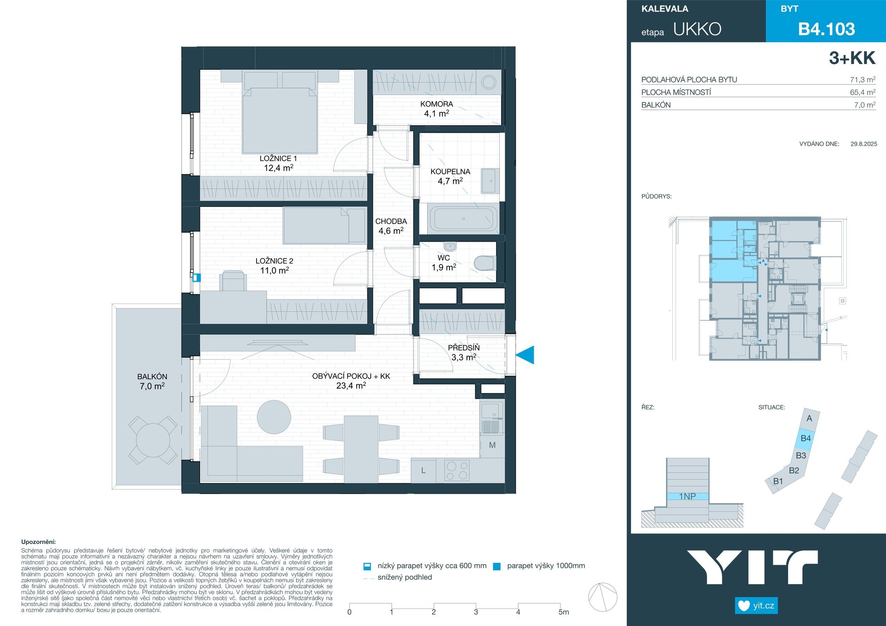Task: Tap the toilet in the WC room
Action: [485, 263]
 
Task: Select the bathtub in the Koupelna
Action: [464, 218]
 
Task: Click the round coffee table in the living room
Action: [274, 417]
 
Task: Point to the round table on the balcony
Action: [152, 440]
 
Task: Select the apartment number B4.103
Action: [826, 29]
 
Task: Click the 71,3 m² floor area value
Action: [862, 79]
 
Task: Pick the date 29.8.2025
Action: [864, 144]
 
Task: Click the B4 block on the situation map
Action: [805, 439]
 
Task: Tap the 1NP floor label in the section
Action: [687, 496]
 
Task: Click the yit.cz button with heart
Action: [756, 606]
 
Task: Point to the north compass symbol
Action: [603, 597]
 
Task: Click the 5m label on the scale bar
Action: [563, 612]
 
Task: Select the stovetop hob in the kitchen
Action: [457, 471]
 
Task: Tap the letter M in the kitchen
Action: [492, 445]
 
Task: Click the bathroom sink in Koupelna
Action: [490, 181]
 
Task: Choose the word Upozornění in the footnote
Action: [38, 542]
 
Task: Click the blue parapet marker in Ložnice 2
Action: [197, 278]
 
